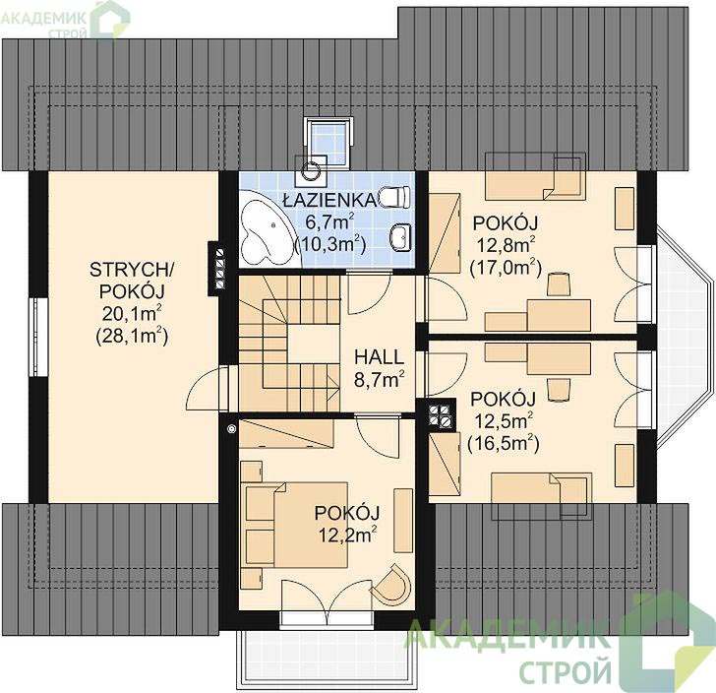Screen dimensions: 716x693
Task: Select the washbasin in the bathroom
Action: [401, 237]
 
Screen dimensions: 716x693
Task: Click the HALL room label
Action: [379, 357]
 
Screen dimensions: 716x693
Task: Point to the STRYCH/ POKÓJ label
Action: [132, 281]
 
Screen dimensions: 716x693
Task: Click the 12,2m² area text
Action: [348, 534]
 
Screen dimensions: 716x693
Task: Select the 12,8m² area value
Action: [506, 245]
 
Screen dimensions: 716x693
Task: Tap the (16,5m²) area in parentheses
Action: [504, 443]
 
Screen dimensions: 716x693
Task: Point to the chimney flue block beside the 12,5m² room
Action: [442, 415]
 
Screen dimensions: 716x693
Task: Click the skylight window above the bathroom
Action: [328, 141]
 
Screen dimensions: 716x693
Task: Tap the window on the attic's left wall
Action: [39, 338]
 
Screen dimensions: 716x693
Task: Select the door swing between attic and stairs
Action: [206, 389]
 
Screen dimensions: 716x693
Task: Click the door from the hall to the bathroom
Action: [369, 292]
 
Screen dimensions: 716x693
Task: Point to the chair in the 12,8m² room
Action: [559, 283]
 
